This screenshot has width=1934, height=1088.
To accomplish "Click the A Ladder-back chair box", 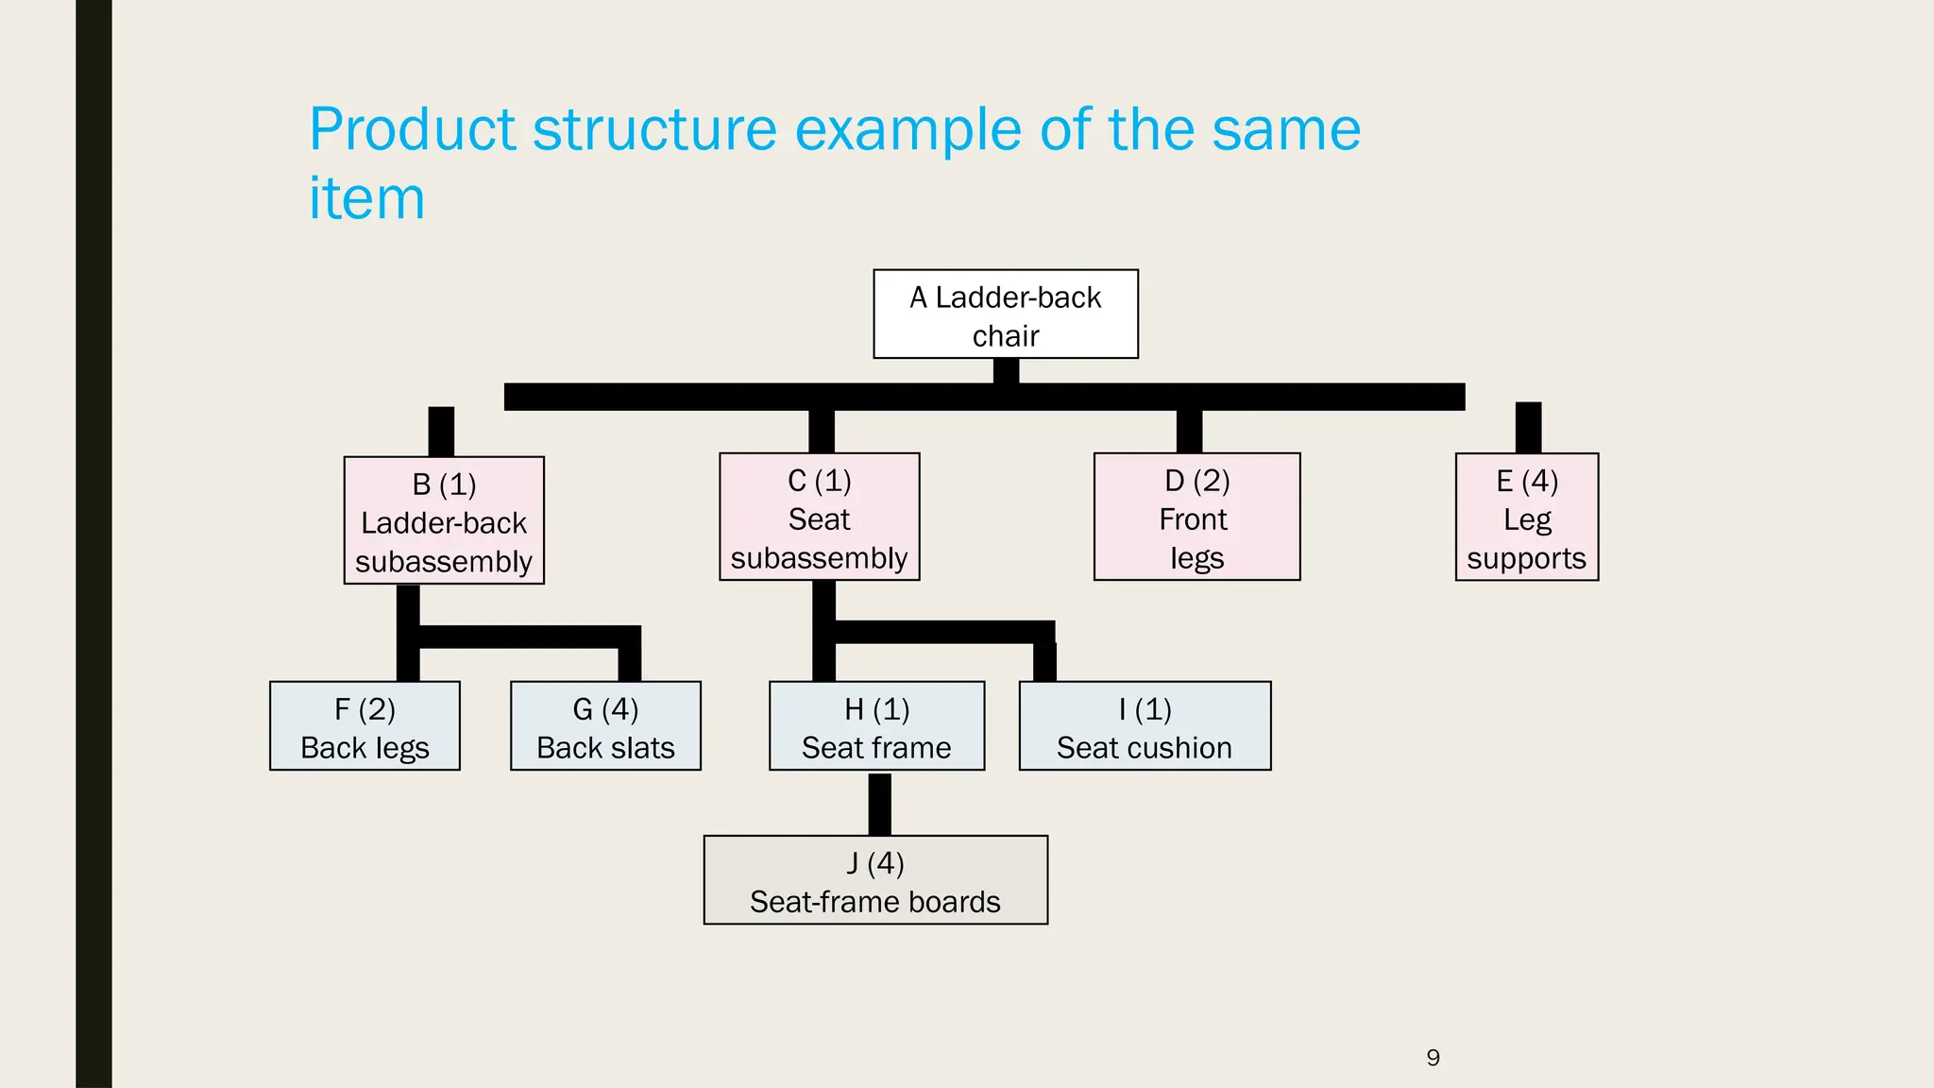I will pos(1006,314).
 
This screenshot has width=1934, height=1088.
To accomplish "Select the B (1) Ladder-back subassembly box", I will pos(444,520).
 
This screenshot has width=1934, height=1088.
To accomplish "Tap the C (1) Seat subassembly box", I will pos(819,517).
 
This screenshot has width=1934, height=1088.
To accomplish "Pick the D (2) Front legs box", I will pos(1196,517).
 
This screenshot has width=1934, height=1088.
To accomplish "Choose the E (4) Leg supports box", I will pos(1526,517).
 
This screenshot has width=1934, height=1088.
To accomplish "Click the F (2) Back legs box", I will pos(365,726).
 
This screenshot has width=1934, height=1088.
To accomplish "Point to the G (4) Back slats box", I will pos(605,726).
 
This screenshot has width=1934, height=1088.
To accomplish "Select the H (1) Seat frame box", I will pos(876,726).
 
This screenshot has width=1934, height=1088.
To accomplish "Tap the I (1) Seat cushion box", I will pos(1145,726).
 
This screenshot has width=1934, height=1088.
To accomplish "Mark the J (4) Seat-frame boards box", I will pos(875,880).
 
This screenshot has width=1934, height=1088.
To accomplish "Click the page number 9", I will pos(1433,1058).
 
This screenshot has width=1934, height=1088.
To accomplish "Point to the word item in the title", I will pos(366,199).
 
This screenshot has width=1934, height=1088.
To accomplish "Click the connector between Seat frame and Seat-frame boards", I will pos(879,804).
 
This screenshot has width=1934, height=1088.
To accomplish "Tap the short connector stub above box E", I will pos(1528,428).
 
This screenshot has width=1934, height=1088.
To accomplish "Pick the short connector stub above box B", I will pos(441,432).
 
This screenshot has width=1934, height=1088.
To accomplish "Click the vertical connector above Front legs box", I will pos(1189,432).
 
